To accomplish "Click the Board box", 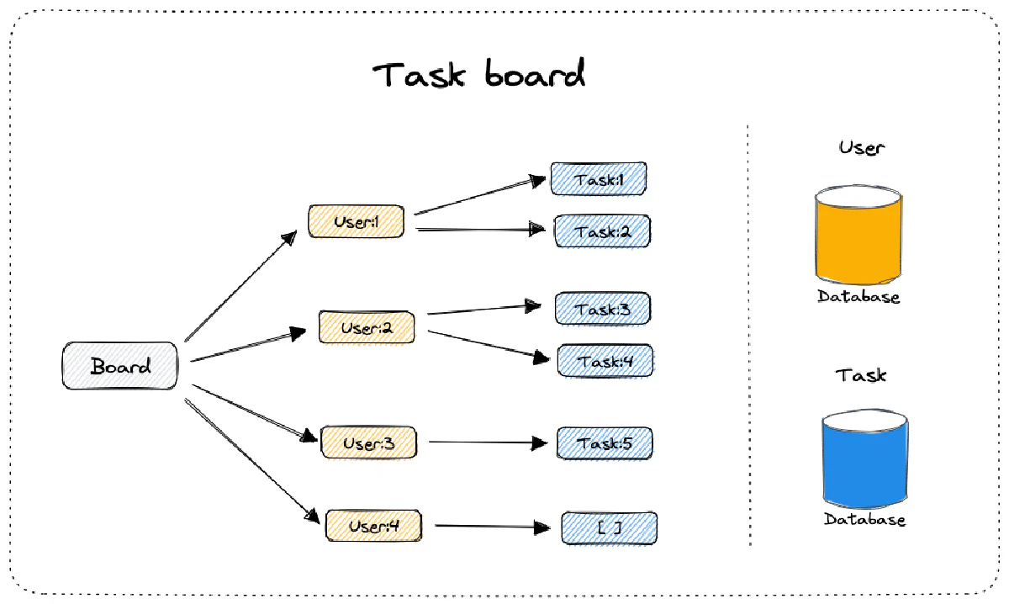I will pyautogui.click(x=120, y=366).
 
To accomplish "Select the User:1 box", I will pyautogui.click(x=356, y=222).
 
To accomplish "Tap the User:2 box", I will pyautogui.click(x=367, y=327).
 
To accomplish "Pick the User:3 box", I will pyautogui.click(x=368, y=442).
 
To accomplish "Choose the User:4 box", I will pyautogui.click(x=373, y=526).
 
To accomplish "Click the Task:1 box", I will pyautogui.click(x=598, y=179).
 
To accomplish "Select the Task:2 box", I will pyautogui.click(x=601, y=231).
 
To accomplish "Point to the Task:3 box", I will pyautogui.click(x=602, y=309).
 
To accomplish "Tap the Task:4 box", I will pyautogui.click(x=605, y=361).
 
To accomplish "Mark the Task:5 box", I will pyautogui.click(x=604, y=443).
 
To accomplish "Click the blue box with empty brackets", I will pyautogui.click(x=609, y=528).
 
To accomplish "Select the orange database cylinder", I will pyautogui.click(x=858, y=236).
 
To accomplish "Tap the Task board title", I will pyautogui.click(x=478, y=75).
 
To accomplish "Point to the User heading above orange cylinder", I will pyautogui.click(x=862, y=148).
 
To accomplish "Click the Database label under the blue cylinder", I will pyautogui.click(x=864, y=520).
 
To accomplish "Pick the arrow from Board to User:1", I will pyautogui.click(x=240, y=287).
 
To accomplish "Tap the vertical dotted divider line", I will pyautogui.click(x=748, y=336).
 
